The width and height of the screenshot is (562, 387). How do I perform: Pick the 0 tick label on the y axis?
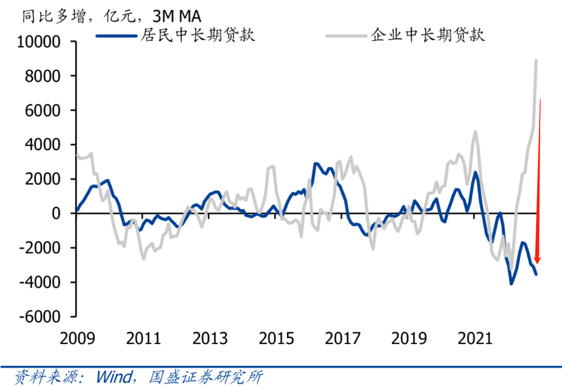[x=62, y=213]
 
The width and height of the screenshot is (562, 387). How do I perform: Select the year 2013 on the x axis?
[x=210, y=338]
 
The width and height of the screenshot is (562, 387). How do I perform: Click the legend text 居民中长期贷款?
[x=198, y=35]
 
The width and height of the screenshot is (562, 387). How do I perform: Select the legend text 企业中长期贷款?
[x=427, y=35]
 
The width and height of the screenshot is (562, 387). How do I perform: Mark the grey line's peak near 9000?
[x=536, y=60]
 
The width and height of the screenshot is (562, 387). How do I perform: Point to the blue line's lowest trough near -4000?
[x=511, y=284]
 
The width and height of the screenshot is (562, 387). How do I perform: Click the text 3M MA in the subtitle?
[x=176, y=16]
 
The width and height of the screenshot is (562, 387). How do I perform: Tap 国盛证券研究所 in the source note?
[x=205, y=376]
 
